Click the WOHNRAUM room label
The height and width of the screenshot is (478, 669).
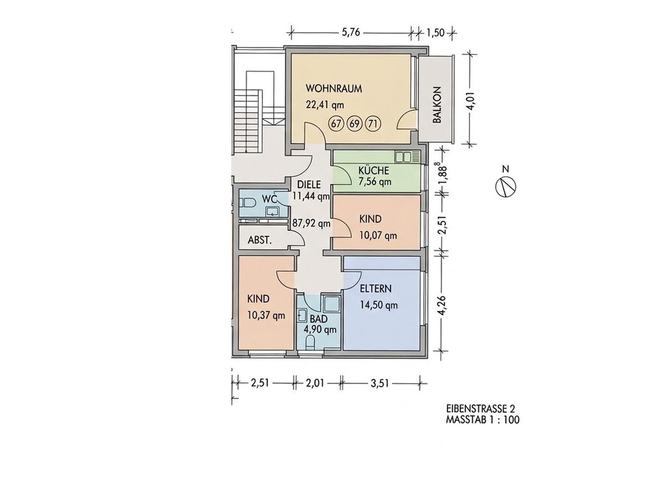tap(333, 89)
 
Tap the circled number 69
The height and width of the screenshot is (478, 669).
tap(355, 123)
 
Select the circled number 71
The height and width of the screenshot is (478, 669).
tap(373, 123)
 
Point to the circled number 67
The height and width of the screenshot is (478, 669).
tap(336, 123)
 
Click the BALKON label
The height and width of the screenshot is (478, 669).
tap(437, 105)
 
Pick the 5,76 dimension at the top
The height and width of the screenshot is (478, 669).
tap(351, 32)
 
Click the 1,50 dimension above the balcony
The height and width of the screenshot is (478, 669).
tap(435, 32)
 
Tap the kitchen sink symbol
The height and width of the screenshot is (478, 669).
tap(407, 157)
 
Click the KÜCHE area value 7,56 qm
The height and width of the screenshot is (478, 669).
tap(375, 181)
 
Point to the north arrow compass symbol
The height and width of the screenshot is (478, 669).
tap(506, 186)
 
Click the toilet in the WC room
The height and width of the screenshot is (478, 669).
tap(247, 203)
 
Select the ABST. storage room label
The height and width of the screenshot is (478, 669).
tap(259, 240)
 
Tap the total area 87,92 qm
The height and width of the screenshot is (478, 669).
tap(311, 224)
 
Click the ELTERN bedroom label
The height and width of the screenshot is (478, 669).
tap(375, 289)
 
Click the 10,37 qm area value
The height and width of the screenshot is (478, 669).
tap(266, 316)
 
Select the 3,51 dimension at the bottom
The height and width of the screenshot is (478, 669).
tap(379, 383)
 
